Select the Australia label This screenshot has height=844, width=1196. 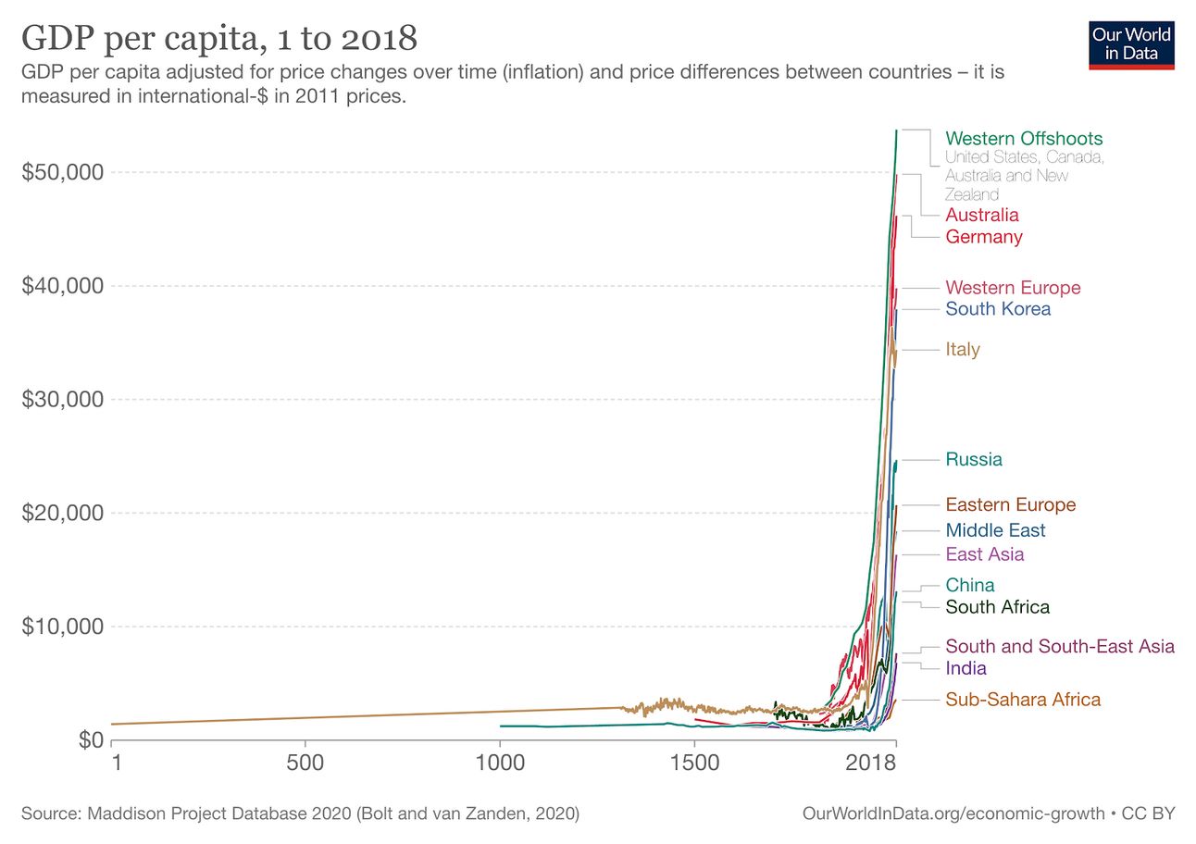tap(981, 215)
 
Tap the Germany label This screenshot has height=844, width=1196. tap(983, 237)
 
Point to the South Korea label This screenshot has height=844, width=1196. tap(998, 309)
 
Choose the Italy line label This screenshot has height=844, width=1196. tap(962, 350)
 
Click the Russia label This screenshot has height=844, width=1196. tap(973, 459)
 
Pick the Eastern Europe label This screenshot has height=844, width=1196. tap(1010, 505)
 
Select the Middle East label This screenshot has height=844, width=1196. tap(995, 530)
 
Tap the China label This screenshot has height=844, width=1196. tap(969, 585)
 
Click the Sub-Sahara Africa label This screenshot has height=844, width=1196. tap(1023, 700)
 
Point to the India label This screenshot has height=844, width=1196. tap(966, 668)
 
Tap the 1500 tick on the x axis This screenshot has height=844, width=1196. tap(694, 763)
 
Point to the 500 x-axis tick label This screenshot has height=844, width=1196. tap(305, 763)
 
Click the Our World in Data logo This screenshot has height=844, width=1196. tap(1131, 43)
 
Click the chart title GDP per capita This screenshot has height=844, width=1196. tap(219, 39)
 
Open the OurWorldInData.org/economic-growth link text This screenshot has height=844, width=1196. tap(953, 814)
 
